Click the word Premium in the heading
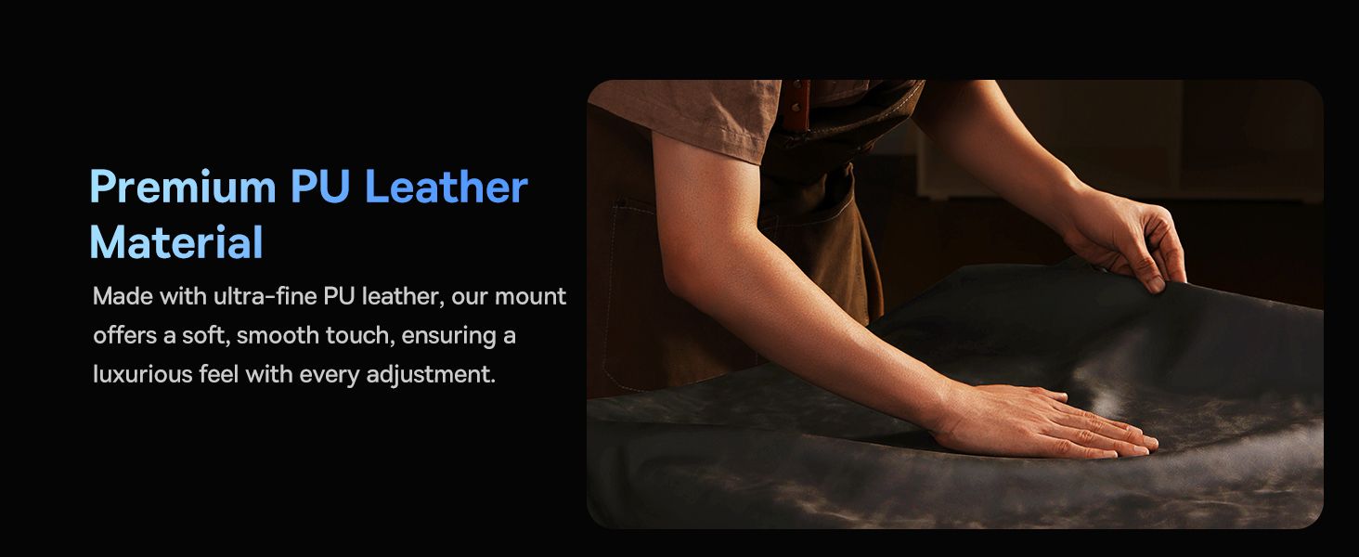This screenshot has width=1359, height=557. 183,187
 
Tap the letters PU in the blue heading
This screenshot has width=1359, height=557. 320,187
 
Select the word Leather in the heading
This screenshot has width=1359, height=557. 447,187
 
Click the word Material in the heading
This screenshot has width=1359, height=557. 176,242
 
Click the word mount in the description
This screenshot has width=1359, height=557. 530,297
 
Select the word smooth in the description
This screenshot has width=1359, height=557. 278,335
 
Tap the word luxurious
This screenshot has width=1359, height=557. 143,374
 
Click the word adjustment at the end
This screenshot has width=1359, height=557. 431,374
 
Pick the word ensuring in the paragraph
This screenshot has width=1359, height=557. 447,336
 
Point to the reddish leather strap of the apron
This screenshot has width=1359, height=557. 795,106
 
